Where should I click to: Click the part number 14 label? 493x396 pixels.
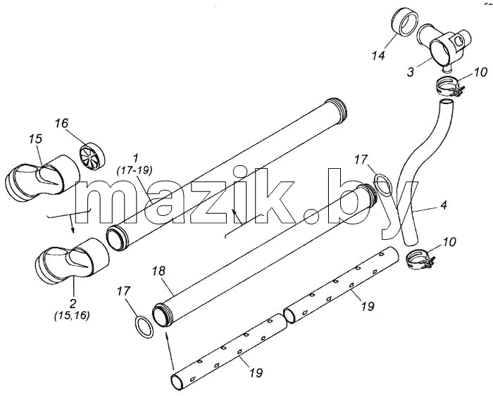pyautogui.click(x=378, y=56)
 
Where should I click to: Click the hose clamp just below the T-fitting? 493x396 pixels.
pyautogui.click(x=449, y=86)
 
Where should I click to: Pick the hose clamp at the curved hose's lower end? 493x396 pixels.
pyautogui.click(x=418, y=258)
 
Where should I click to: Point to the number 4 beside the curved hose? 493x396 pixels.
pyautogui.click(x=444, y=205)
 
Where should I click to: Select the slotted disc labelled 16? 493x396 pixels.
pyautogui.click(x=92, y=155)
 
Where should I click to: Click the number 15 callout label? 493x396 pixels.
pyautogui.click(x=35, y=139)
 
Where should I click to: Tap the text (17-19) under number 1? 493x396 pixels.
pyautogui.click(x=135, y=170)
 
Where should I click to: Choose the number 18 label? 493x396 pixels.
pyautogui.click(x=158, y=271)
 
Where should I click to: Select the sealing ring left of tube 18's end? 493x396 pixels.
pyautogui.click(x=144, y=327)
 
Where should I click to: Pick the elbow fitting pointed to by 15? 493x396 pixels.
pyautogui.click(x=42, y=179)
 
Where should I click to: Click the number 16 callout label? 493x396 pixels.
pyautogui.click(x=62, y=123)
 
